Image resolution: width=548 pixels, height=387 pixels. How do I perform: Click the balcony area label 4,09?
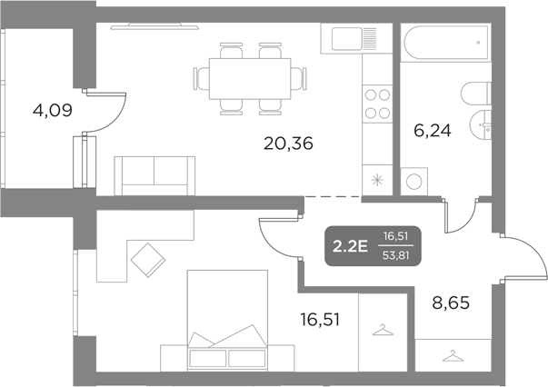click(x=51, y=112)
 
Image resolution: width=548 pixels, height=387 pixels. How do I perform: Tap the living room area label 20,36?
click(x=288, y=143)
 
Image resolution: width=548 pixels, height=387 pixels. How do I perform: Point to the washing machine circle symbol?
click(x=414, y=180)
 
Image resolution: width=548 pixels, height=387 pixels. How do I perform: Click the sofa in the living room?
click(x=154, y=174)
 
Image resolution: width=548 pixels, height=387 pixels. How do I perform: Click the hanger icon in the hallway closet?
click(x=452, y=356)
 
